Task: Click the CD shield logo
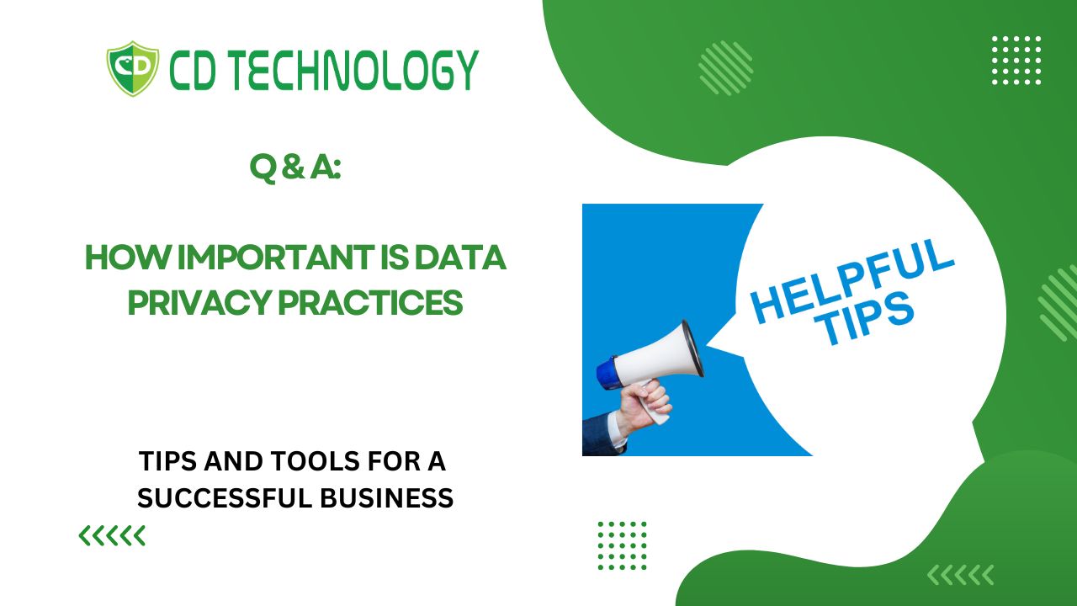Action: [x=133, y=69]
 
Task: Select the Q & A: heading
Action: [x=295, y=167]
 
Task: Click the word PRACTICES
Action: [x=371, y=302]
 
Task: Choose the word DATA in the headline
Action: [x=460, y=258]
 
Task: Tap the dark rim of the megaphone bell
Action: [x=692, y=348]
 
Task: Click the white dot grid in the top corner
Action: [x=1016, y=60]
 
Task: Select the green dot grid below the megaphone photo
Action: [x=622, y=545]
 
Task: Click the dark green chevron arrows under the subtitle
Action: [x=112, y=536]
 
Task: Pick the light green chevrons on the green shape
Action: [x=960, y=575]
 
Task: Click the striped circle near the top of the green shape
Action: [x=725, y=68]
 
